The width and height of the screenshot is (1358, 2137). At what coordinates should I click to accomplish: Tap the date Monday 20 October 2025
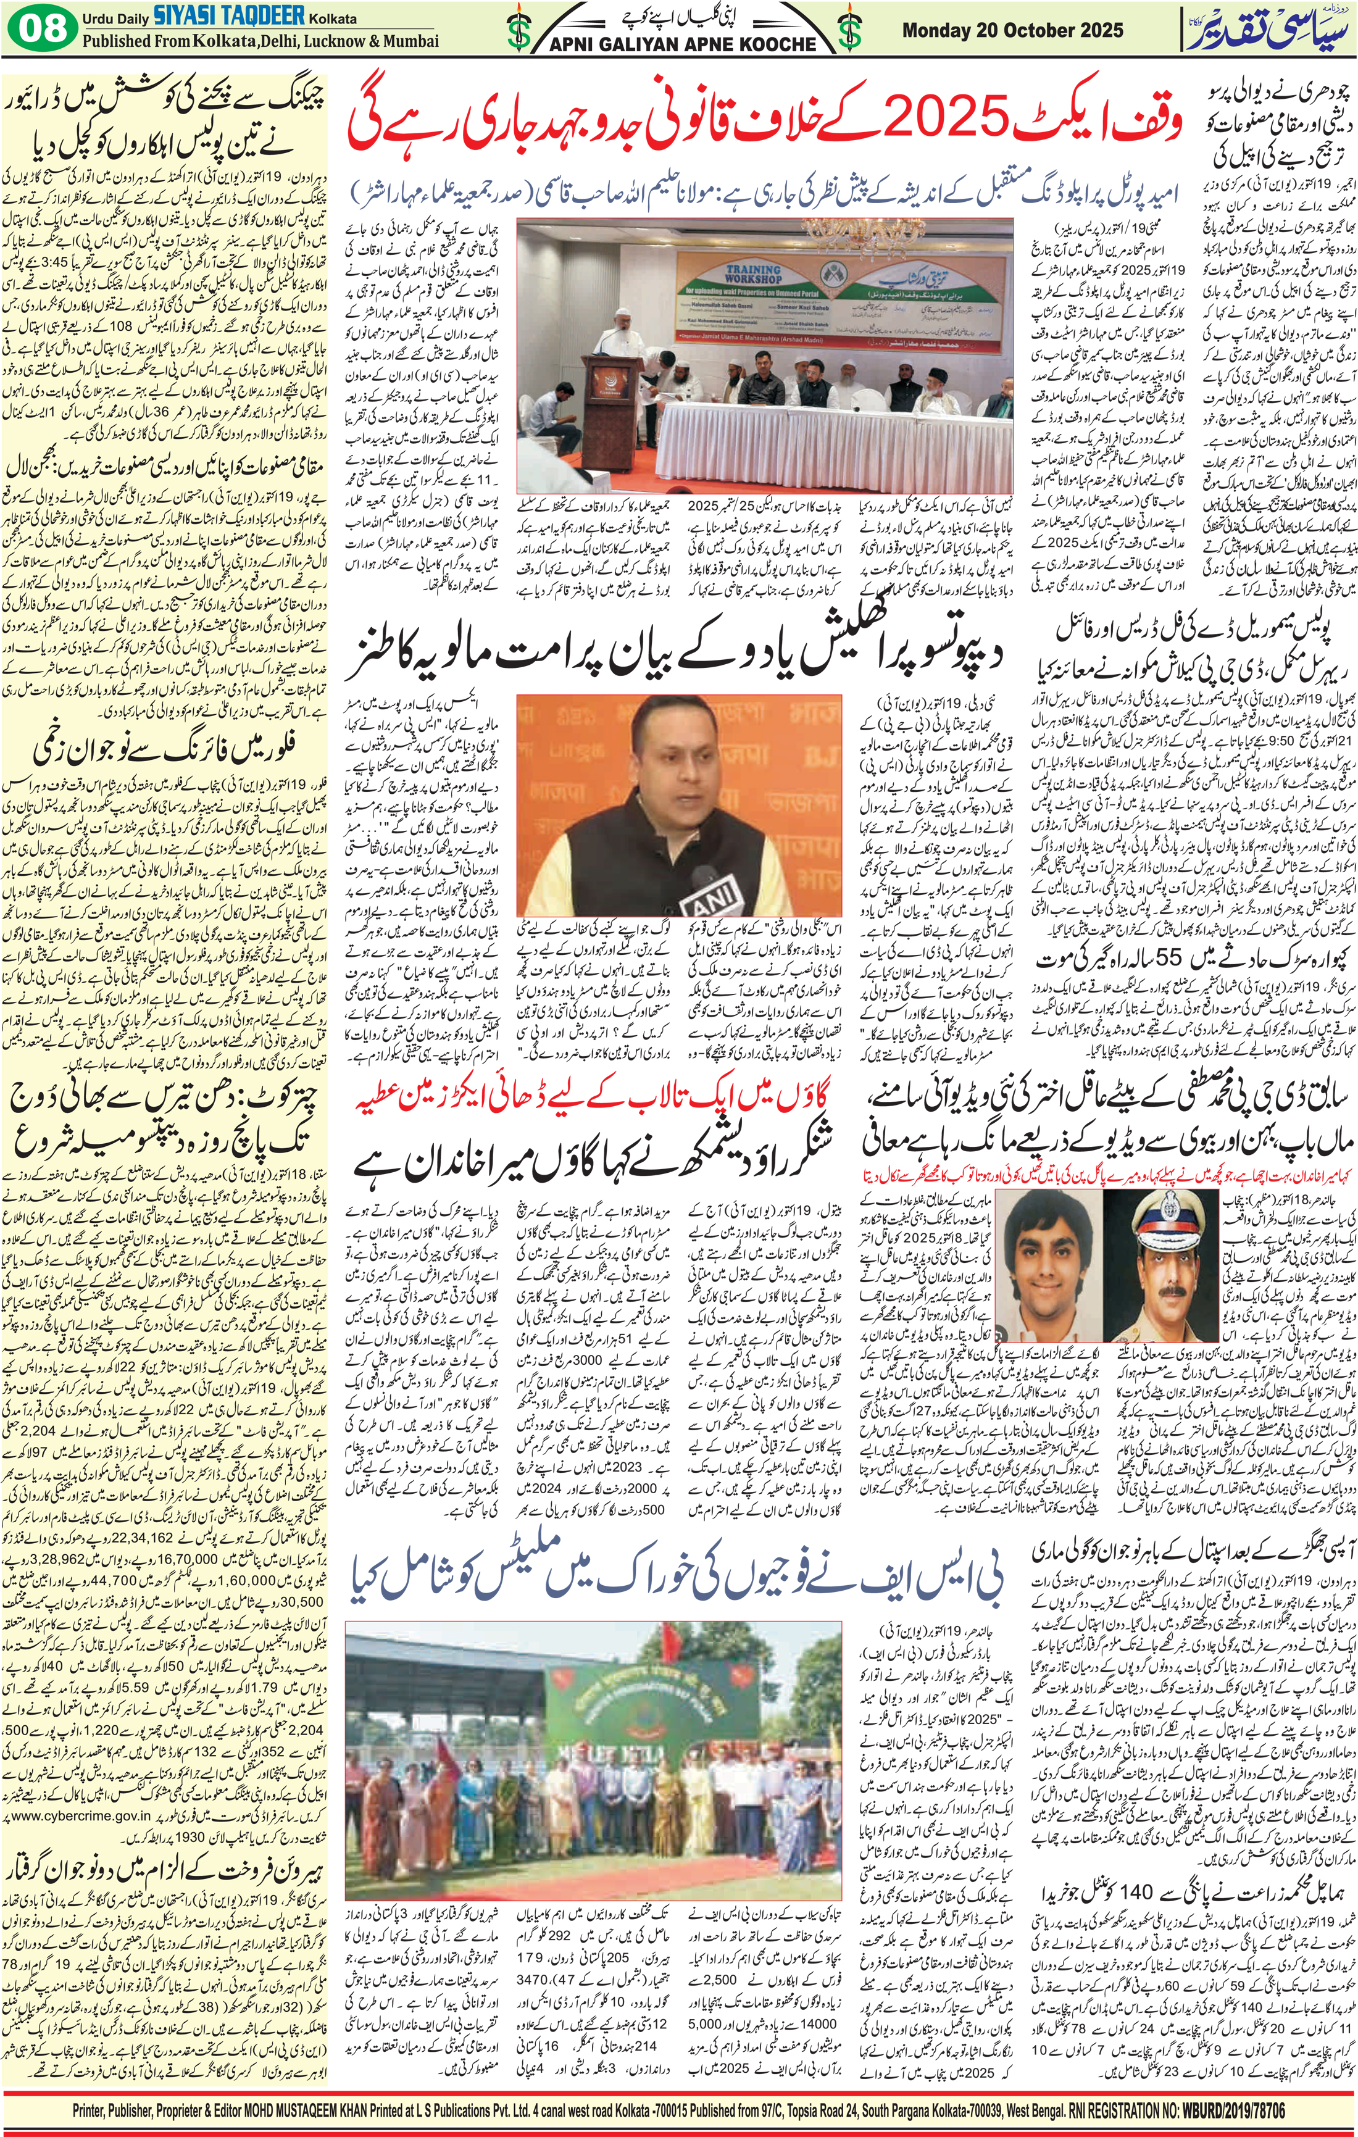[1012, 30]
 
